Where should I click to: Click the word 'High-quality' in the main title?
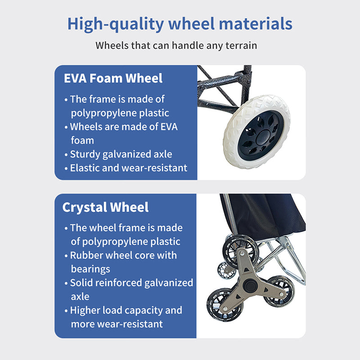[x=116, y=24]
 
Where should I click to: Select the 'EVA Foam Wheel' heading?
[x=113, y=78]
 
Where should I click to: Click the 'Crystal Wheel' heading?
[x=105, y=207]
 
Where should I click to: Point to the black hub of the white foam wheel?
[x=261, y=135]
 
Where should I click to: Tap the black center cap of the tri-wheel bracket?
[x=250, y=286]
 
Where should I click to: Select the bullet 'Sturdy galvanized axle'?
[x=118, y=154]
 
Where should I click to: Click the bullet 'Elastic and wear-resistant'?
[x=126, y=168]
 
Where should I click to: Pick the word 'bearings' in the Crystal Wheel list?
[x=90, y=269]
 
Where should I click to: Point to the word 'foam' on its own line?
[x=82, y=140]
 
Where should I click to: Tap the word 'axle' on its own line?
[x=80, y=297]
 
